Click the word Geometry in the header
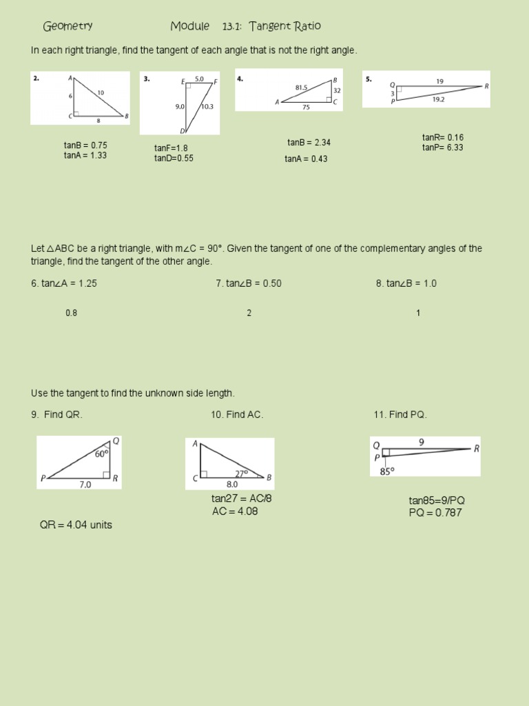pyautogui.click(x=68, y=27)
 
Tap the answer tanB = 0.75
pyautogui.click(x=85, y=145)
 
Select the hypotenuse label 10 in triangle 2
pyautogui.click(x=101, y=92)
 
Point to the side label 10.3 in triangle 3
pyautogui.click(x=208, y=107)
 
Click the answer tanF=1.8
pyautogui.click(x=171, y=148)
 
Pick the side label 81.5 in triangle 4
pyautogui.click(x=301, y=88)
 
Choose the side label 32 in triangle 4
pyautogui.click(x=337, y=90)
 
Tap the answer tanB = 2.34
pyautogui.click(x=309, y=143)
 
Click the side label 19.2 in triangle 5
pyautogui.click(x=438, y=99)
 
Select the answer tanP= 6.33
pyautogui.click(x=443, y=148)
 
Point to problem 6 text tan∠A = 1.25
pyautogui.click(x=64, y=283)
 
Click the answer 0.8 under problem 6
pyautogui.click(x=72, y=313)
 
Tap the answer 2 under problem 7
pyautogui.click(x=249, y=313)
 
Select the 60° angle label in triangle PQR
pyautogui.click(x=101, y=454)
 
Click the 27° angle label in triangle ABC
pyautogui.click(x=241, y=474)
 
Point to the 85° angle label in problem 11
pyautogui.click(x=386, y=472)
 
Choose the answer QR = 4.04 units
pyautogui.click(x=76, y=525)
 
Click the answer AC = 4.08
pyautogui.click(x=235, y=512)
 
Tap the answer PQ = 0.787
pyautogui.click(x=435, y=513)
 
